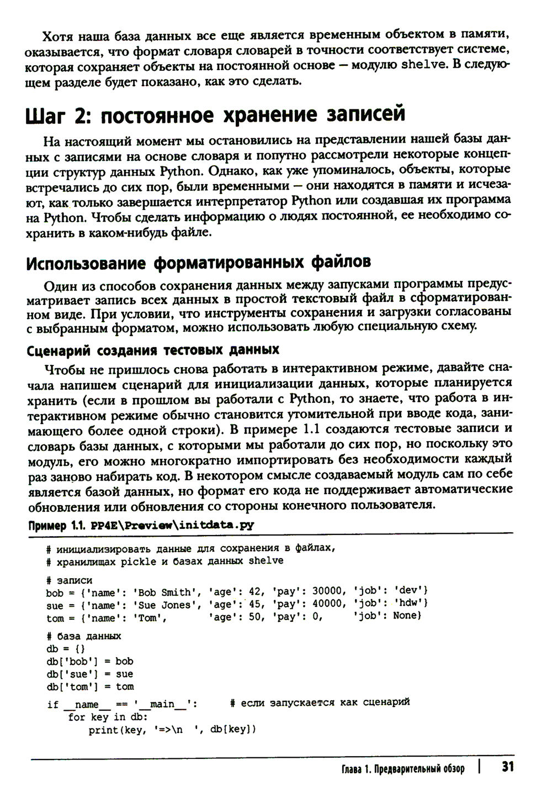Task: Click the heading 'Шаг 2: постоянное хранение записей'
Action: coord(215,114)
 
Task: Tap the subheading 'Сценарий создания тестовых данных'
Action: coord(153,350)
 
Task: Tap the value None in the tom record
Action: coord(406,617)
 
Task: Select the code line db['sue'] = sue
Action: coord(90,674)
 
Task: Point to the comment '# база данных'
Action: coord(84,636)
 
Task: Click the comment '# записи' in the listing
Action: coord(70,580)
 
